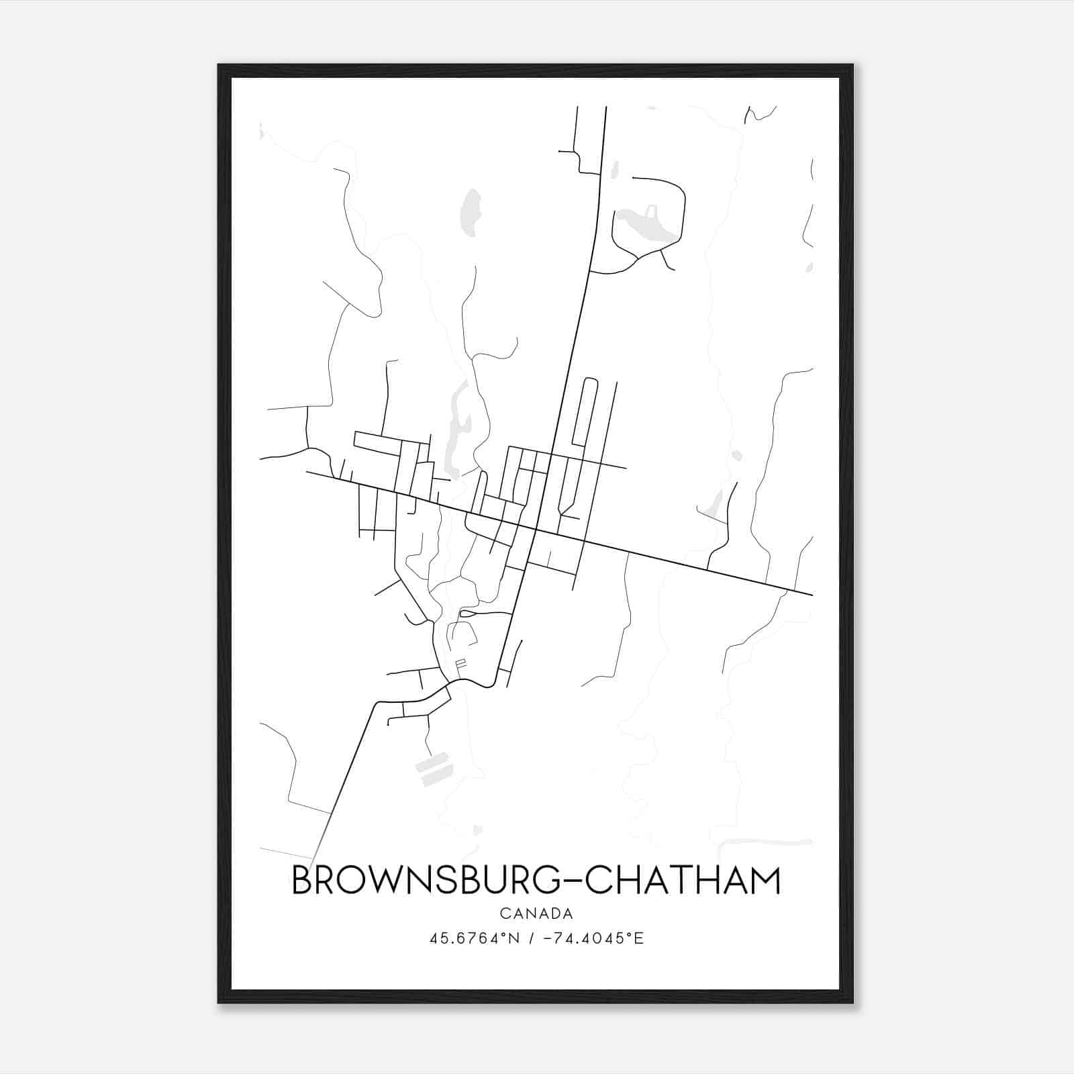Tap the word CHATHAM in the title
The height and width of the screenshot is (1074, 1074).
[683, 881]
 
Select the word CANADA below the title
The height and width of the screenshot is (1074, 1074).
[536, 914]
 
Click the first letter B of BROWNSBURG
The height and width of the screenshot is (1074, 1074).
[302, 881]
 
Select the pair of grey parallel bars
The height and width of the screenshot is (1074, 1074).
[433, 769]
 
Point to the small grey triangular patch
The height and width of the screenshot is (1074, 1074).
[713, 503]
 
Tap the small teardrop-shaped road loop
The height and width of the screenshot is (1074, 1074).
[467, 613]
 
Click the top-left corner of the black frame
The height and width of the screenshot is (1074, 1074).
[219, 65]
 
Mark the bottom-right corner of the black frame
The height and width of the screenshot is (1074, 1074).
[852, 1002]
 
